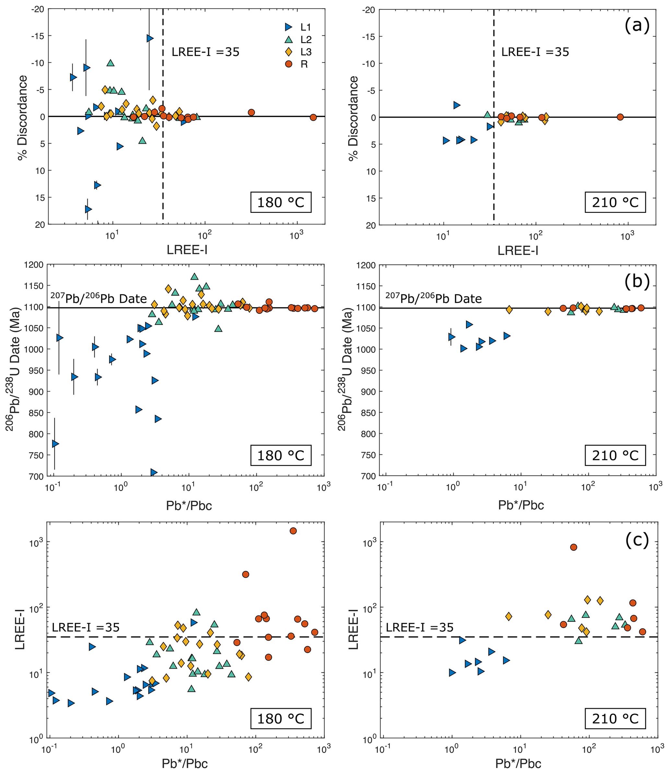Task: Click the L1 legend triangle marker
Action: coord(288,27)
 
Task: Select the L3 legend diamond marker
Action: coord(288,52)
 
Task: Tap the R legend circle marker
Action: coord(288,64)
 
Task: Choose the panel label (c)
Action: coord(637,539)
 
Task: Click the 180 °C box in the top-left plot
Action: coord(280,203)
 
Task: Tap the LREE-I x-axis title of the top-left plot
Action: coord(187,250)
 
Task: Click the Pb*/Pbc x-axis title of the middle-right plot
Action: coord(521,505)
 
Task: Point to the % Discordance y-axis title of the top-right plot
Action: coord(353,118)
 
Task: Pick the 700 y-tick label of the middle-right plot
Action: coord(368,476)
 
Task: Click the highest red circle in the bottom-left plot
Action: coord(293,531)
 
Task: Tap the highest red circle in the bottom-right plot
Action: coord(573,547)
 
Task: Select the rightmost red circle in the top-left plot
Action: coord(313,117)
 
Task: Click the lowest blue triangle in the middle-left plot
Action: coord(154,472)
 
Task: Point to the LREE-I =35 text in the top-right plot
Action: coord(535,52)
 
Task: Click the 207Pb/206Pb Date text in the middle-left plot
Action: coord(99,298)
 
